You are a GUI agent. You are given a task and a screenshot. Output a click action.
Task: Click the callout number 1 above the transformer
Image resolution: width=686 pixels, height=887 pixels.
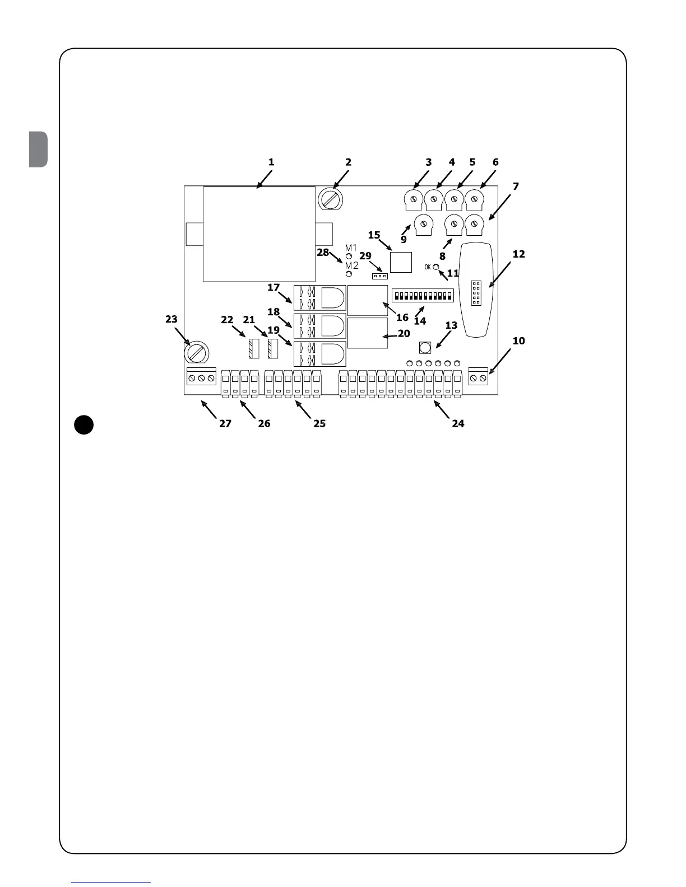271,162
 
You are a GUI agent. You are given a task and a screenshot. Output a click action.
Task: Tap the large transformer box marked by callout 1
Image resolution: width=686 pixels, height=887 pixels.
258,234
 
